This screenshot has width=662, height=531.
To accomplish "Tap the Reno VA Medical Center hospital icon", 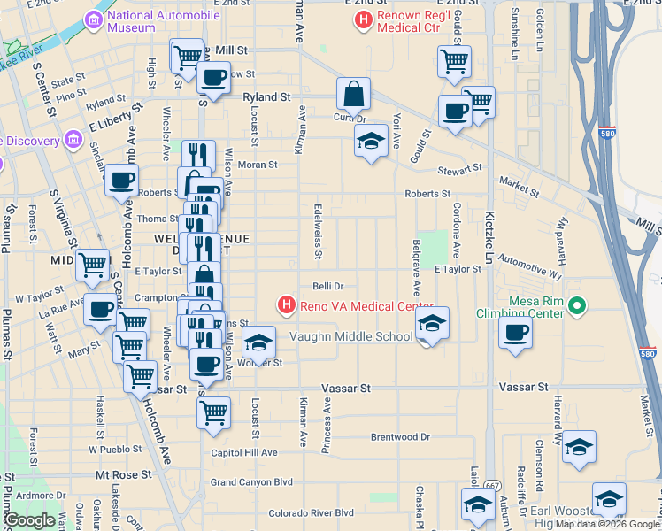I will click(286, 306).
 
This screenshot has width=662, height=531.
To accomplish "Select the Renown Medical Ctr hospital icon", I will click(361, 19).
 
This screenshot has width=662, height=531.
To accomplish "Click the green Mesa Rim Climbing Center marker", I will click(578, 306).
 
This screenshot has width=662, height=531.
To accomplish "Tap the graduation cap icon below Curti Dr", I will click(371, 140).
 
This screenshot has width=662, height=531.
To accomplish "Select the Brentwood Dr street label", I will click(400, 437).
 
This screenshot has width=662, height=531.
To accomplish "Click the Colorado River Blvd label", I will click(311, 512).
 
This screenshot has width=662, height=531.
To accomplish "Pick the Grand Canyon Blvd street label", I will click(251, 482).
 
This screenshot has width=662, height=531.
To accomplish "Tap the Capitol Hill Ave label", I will click(244, 452).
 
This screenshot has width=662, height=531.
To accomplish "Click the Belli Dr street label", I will click(327, 286).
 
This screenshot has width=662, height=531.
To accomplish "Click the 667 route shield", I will click(491, 485).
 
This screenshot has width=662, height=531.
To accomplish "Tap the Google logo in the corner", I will click(29, 520).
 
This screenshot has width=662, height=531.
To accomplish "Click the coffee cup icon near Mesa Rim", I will click(515, 333).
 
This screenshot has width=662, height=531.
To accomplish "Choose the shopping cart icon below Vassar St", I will click(213, 412).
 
